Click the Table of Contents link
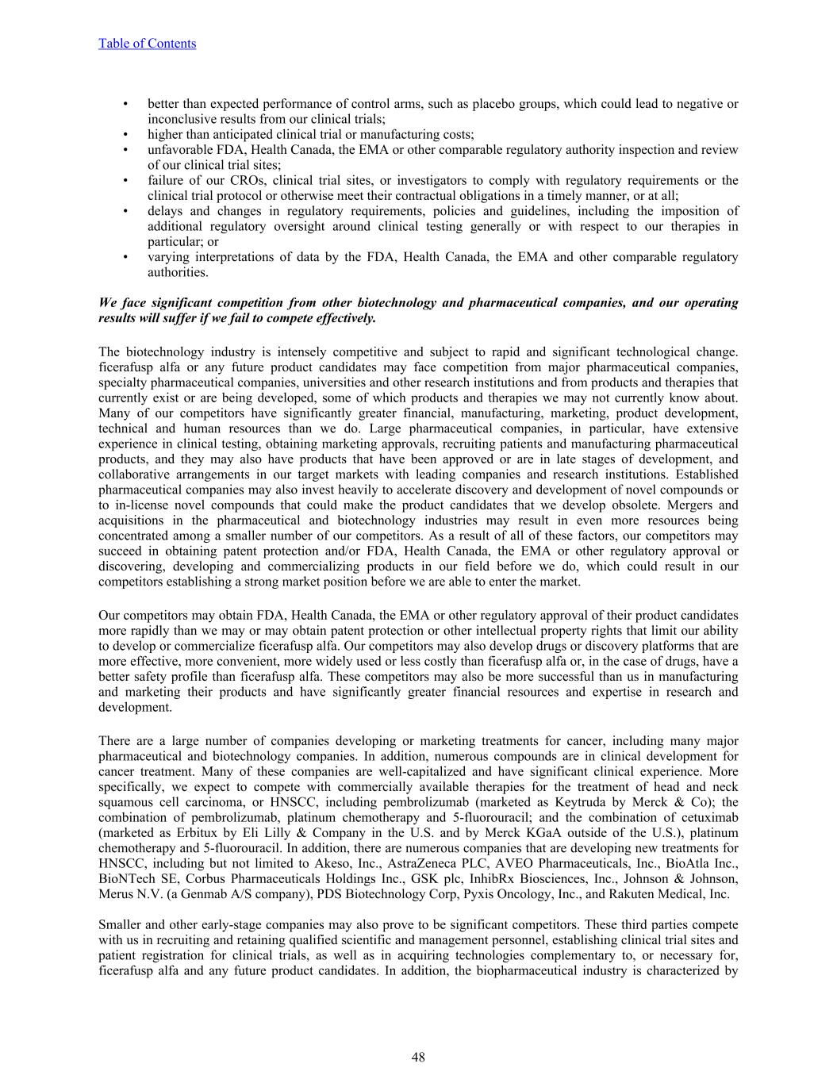[147, 44]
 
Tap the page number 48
[418, 1057]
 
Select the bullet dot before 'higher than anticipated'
[125, 135]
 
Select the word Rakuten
[625, 894]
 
